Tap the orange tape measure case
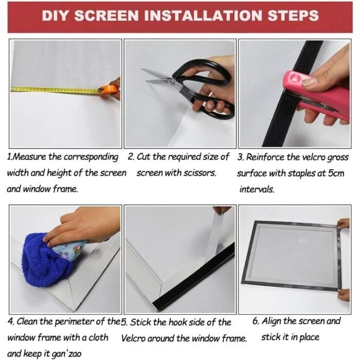point(108,90)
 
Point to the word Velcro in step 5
point(133,338)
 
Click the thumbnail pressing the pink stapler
point(308,81)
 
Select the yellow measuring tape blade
point(55,90)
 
